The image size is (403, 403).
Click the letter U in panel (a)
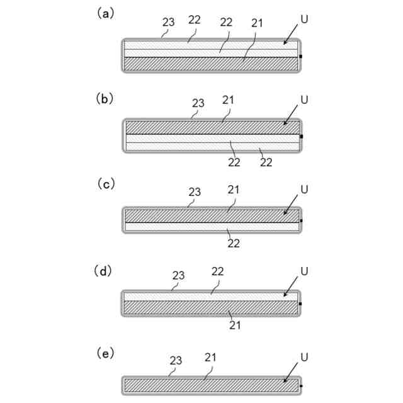point(305,20)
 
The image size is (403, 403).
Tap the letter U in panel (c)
point(305,188)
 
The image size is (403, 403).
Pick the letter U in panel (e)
point(305,358)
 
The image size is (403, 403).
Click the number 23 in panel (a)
point(168,22)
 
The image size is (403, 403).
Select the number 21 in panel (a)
point(258,23)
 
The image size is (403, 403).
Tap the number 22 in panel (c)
point(233,244)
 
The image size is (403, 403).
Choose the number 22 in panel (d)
point(218,272)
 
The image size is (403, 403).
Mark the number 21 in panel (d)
point(236,326)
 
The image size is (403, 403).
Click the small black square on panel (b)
point(302,136)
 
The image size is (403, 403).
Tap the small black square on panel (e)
point(302,385)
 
